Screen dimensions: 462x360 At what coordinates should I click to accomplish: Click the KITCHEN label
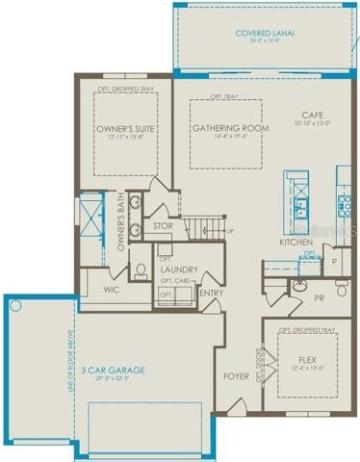(x=295, y=243)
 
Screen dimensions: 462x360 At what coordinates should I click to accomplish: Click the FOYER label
(x=237, y=376)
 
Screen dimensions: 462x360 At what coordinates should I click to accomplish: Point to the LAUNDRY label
(x=180, y=270)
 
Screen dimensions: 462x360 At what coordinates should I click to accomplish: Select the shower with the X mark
(x=90, y=215)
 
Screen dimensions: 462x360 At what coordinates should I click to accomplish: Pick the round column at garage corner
(x=14, y=305)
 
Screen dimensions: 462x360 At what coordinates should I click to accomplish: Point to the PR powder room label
(x=319, y=298)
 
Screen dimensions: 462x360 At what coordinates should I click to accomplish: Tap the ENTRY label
(x=210, y=293)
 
